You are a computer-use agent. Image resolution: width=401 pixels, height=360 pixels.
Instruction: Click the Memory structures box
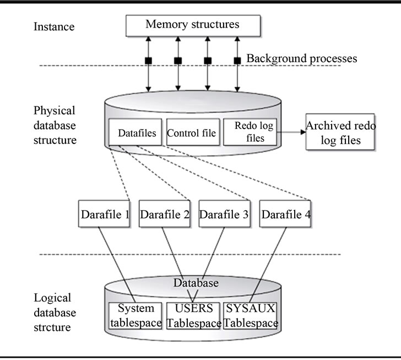click(193, 25)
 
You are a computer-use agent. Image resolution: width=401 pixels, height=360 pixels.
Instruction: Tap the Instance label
click(54, 26)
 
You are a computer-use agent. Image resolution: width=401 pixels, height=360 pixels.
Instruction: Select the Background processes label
click(302, 58)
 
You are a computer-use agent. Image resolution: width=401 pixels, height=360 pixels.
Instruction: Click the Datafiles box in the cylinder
click(136, 132)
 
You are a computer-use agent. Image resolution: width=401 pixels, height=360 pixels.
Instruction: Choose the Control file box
click(193, 132)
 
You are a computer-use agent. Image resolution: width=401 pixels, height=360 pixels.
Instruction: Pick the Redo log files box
click(250, 132)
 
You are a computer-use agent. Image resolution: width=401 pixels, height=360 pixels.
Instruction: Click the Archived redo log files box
click(340, 132)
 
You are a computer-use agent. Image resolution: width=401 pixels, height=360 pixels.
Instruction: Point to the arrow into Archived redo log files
click(291, 132)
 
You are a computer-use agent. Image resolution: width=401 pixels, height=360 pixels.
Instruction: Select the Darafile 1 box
click(104, 214)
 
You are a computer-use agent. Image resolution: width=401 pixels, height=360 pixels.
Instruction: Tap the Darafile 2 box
click(165, 214)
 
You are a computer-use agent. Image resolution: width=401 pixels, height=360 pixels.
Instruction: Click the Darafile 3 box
click(225, 214)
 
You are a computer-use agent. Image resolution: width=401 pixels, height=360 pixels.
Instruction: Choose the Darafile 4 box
click(285, 214)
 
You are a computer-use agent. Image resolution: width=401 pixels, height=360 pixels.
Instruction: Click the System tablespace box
click(136, 316)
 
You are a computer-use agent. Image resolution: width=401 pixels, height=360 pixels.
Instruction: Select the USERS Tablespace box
click(193, 316)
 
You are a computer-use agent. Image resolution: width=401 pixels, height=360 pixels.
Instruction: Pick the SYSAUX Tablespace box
click(251, 316)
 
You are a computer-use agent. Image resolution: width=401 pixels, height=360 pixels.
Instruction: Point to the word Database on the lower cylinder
click(196, 283)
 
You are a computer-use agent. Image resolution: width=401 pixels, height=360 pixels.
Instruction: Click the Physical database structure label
click(55, 125)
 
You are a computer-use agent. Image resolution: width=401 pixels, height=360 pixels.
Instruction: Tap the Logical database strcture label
click(55, 313)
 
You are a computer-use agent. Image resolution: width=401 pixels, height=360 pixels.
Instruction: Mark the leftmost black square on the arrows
click(148, 61)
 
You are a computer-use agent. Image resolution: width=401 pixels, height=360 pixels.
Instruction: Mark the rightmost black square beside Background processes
click(237, 61)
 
